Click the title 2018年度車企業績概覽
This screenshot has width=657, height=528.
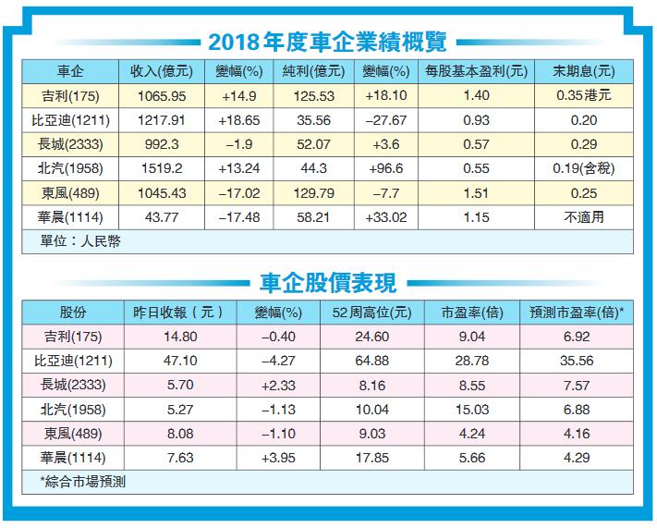(328, 41)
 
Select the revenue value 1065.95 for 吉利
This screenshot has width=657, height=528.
(153, 95)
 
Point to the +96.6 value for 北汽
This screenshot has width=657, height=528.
(385, 169)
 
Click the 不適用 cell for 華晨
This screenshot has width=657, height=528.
(583, 217)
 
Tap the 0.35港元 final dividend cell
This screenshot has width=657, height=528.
(583, 95)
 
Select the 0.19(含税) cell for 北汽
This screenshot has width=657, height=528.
(583, 169)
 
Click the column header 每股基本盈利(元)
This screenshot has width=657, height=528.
(476, 71)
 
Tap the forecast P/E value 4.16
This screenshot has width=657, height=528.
(577, 432)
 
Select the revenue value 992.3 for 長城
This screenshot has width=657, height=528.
(153, 144)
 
